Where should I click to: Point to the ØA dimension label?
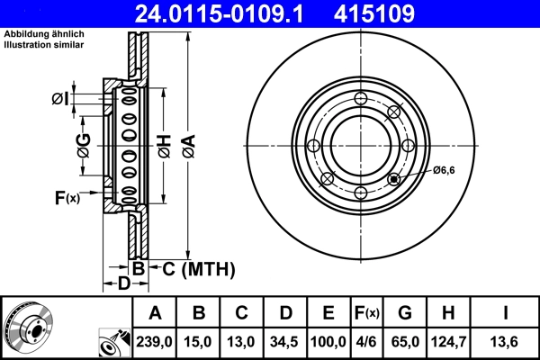click(188, 143)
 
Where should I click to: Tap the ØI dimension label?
click(59, 98)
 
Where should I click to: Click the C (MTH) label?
click(198, 268)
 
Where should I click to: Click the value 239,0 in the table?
click(155, 343)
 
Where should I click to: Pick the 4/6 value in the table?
click(366, 343)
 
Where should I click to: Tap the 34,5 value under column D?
click(284, 343)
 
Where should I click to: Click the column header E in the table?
click(328, 313)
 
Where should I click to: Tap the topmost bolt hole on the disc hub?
click(361, 99)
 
